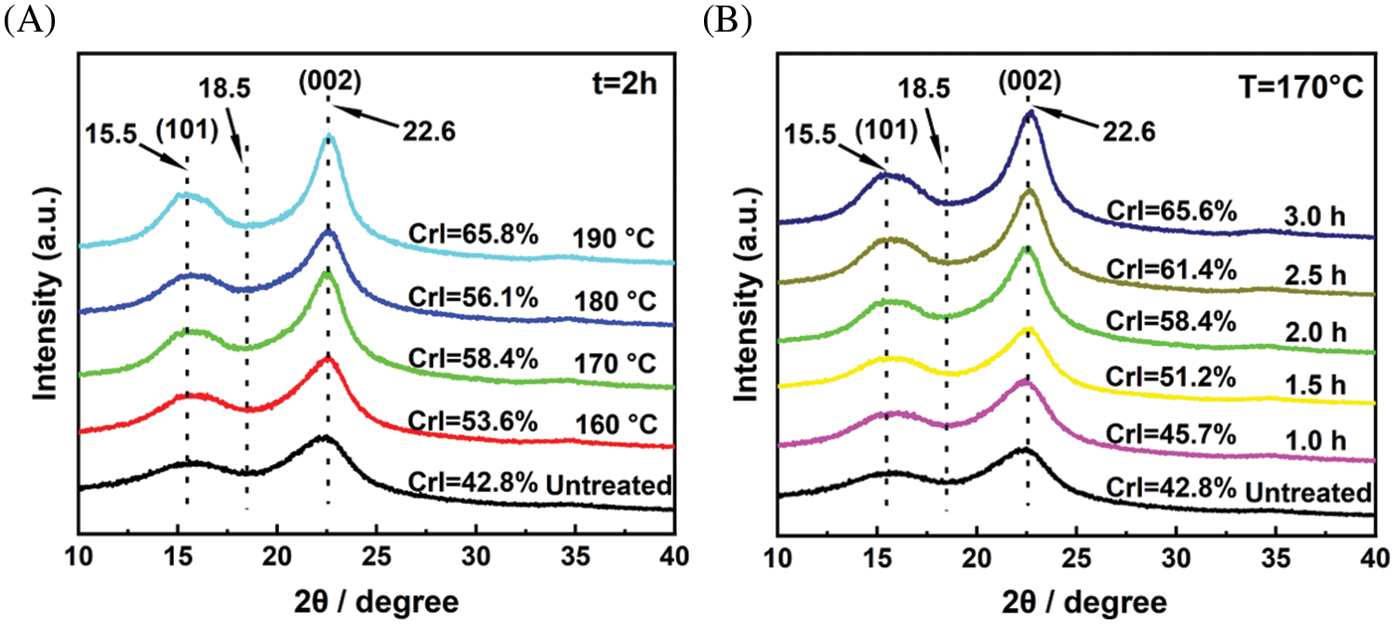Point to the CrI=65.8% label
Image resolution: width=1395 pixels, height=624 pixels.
pos(473,234)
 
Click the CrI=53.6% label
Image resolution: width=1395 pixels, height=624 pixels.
pos(473,420)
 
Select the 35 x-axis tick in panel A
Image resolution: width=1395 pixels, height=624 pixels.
pos(575,558)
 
